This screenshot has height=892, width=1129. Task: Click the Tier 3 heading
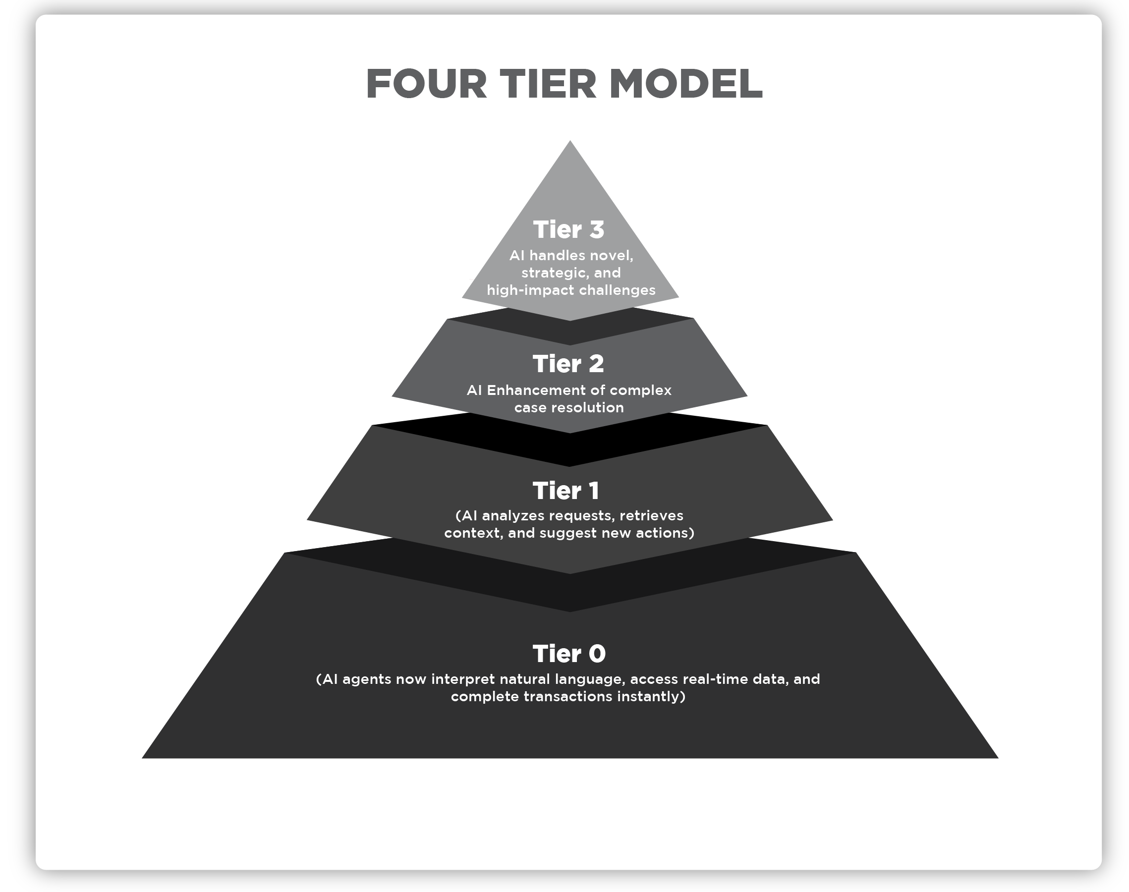pyautogui.click(x=568, y=230)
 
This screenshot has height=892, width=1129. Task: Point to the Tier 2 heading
pyautogui.click(x=568, y=364)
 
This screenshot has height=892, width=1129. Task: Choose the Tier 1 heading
pyautogui.click(x=566, y=491)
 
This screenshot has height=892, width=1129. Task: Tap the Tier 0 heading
pyautogui.click(x=569, y=654)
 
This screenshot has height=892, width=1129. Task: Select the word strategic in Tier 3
pyautogui.click(x=554, y=273)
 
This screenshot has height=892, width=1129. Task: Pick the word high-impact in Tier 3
pyautogui.click(x=530, y=290)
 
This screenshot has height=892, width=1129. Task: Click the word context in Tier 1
pyautogui.click(x=474, y=533)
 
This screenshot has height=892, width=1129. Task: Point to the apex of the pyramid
pyautogui.click(x=570, y=142)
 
